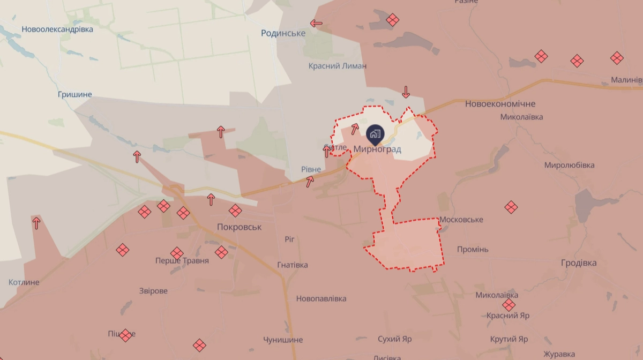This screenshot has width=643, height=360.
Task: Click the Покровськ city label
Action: tap(239, 227)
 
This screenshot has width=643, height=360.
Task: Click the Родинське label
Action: tap(283, 33)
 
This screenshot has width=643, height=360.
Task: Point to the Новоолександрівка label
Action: tap(57, 29)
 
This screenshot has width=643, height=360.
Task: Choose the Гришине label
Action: tap(74, 95)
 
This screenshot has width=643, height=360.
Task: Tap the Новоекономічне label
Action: tap(500, 104)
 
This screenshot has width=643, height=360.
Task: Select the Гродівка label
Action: tap(579, 263)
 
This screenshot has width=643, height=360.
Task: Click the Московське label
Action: tap(461, 220)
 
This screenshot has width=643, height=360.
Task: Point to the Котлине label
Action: tap(24, 282)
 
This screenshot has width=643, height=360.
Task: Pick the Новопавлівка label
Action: tap(321, 298)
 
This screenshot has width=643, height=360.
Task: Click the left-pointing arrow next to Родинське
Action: tap(316, 23)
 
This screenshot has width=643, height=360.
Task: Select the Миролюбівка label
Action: tap(569, 165)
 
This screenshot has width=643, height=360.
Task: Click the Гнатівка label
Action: tap(293, 265)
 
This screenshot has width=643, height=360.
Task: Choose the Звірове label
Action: tap(153, 291)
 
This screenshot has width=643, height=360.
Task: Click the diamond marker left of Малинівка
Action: tap(617, 58)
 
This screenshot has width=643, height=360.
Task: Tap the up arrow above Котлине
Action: tap(36, 222)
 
